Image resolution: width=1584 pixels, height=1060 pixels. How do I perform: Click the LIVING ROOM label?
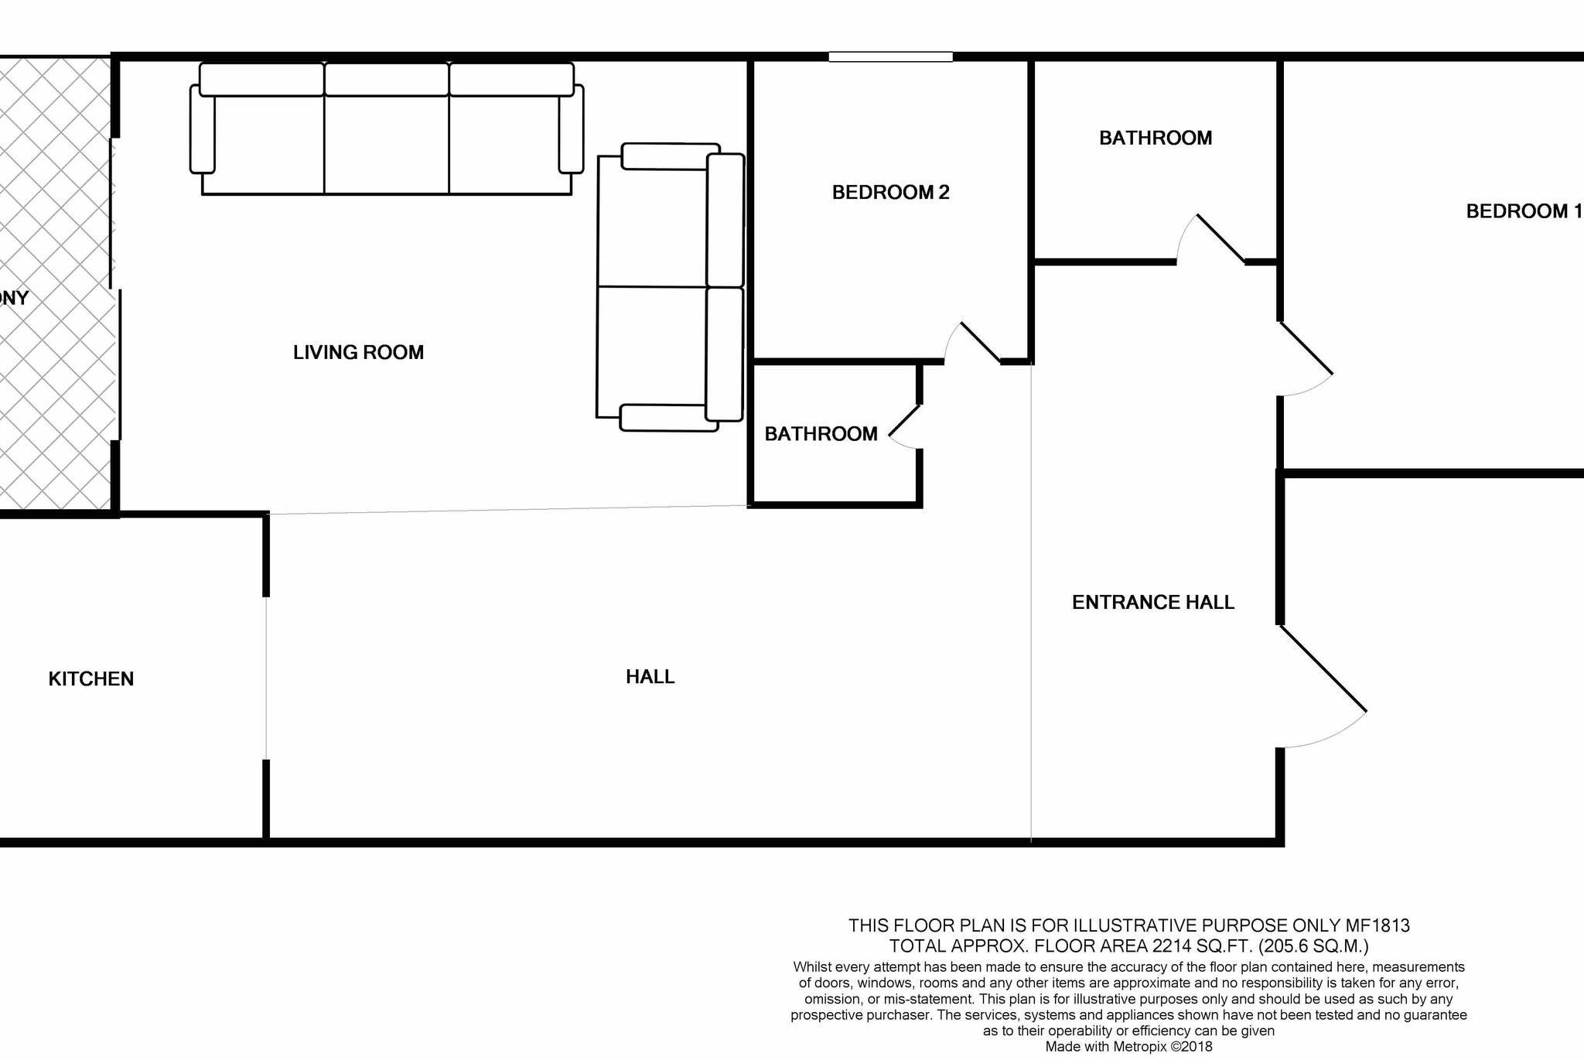(358, 353)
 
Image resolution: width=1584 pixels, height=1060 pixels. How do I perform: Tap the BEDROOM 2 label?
(890, 193)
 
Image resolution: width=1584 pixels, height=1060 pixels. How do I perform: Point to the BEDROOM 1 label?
(1524, 211)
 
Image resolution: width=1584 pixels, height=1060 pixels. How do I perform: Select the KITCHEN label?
(91, 679)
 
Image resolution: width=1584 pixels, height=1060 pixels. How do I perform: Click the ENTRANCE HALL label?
(1153, 603)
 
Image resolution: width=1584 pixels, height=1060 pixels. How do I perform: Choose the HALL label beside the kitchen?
(650, 677)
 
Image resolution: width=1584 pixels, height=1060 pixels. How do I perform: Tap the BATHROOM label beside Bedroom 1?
(1156, 138)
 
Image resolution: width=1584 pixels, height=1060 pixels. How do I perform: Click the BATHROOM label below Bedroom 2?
(821, 434)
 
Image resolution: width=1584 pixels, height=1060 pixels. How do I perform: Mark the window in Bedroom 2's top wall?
(891, 56)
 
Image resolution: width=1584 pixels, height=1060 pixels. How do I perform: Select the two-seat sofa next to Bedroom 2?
(670, 287)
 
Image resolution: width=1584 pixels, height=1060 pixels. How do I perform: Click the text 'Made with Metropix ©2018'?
(1129, 1047)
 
